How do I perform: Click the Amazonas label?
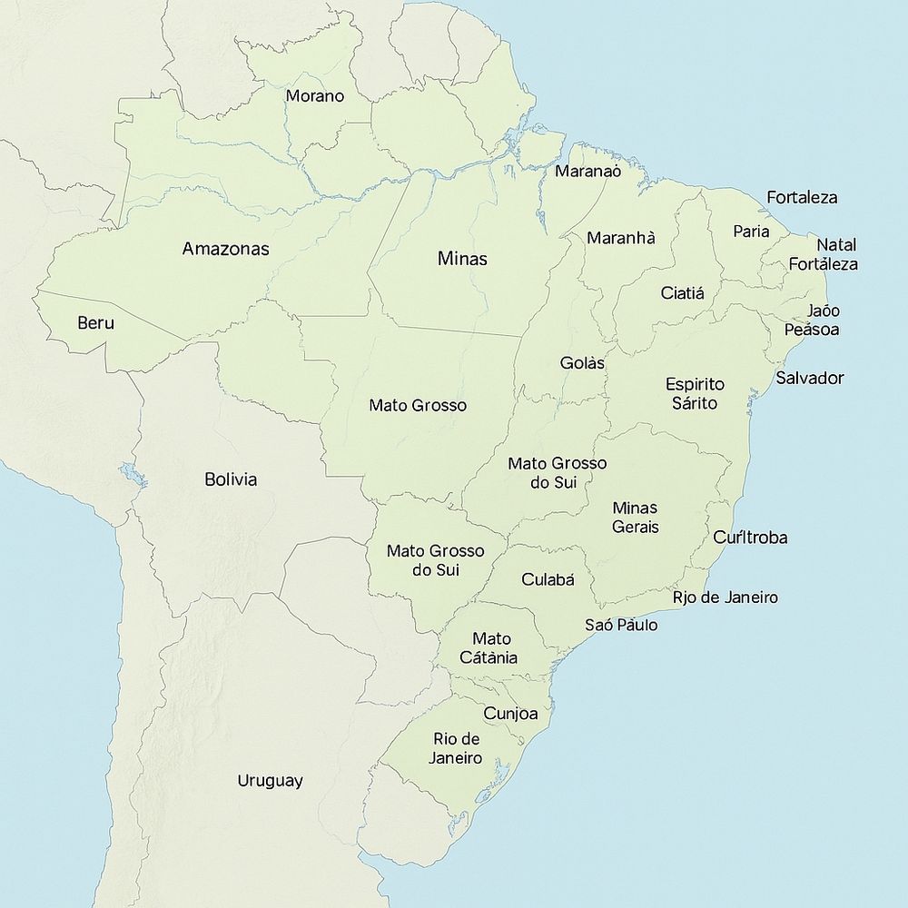(x=225, y=249)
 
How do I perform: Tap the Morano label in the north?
(x=315, y=95)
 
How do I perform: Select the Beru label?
(x=96, y=322)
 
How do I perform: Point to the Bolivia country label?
(x=231, y=479)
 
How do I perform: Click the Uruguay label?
(x=270, y=781)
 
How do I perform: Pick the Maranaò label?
(x=587, y=171)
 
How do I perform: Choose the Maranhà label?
(x=621, y=238)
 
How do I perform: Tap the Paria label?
(x=751, y=232)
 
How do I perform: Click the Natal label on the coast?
(x=836, y=245)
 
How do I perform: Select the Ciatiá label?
(x=683, y=293)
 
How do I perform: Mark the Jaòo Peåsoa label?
(x=812, y=321)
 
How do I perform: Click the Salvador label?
(x=810, y=378)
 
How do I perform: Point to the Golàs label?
(x=582, y=363)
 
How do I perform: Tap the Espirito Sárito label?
(x=695, y=393)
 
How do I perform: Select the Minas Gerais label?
(x=636, y=517)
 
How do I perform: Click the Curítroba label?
(x=750, y=537)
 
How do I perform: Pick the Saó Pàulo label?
(x=621, y=625)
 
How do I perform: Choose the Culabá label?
(x=548, y=579)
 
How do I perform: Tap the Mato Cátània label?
(x=491, y=648)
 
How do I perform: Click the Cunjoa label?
(x=510, y=714)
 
